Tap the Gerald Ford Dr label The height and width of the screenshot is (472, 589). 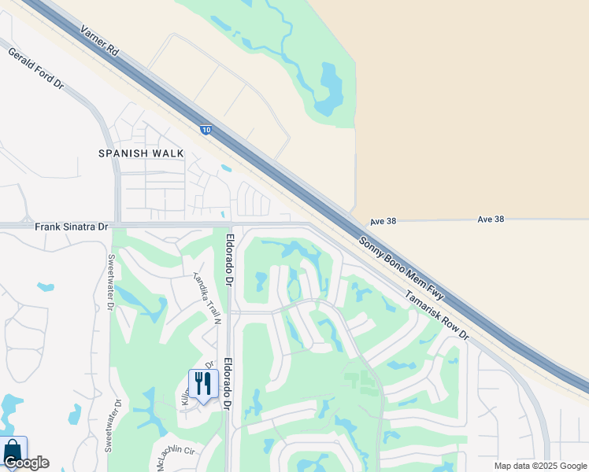point(35,68)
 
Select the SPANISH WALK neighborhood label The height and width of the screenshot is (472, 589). point(141,153)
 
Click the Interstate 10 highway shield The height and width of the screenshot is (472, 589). point(205,130)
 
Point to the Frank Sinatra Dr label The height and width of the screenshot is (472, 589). point(72,227)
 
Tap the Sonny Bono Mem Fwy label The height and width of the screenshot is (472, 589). point(402,267)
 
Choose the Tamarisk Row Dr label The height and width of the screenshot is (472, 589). point(436,315)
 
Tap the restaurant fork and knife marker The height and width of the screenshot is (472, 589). point(203,384)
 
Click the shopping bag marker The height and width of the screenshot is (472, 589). point(13,451)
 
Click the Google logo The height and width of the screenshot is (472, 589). point(26,463)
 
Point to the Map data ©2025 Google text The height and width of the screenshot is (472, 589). point(540,466)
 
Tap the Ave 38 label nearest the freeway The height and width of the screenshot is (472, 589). point(383,221)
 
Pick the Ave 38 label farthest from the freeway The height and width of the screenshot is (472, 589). point(490,219)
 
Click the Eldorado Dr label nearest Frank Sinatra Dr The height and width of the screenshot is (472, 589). point(229,260)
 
